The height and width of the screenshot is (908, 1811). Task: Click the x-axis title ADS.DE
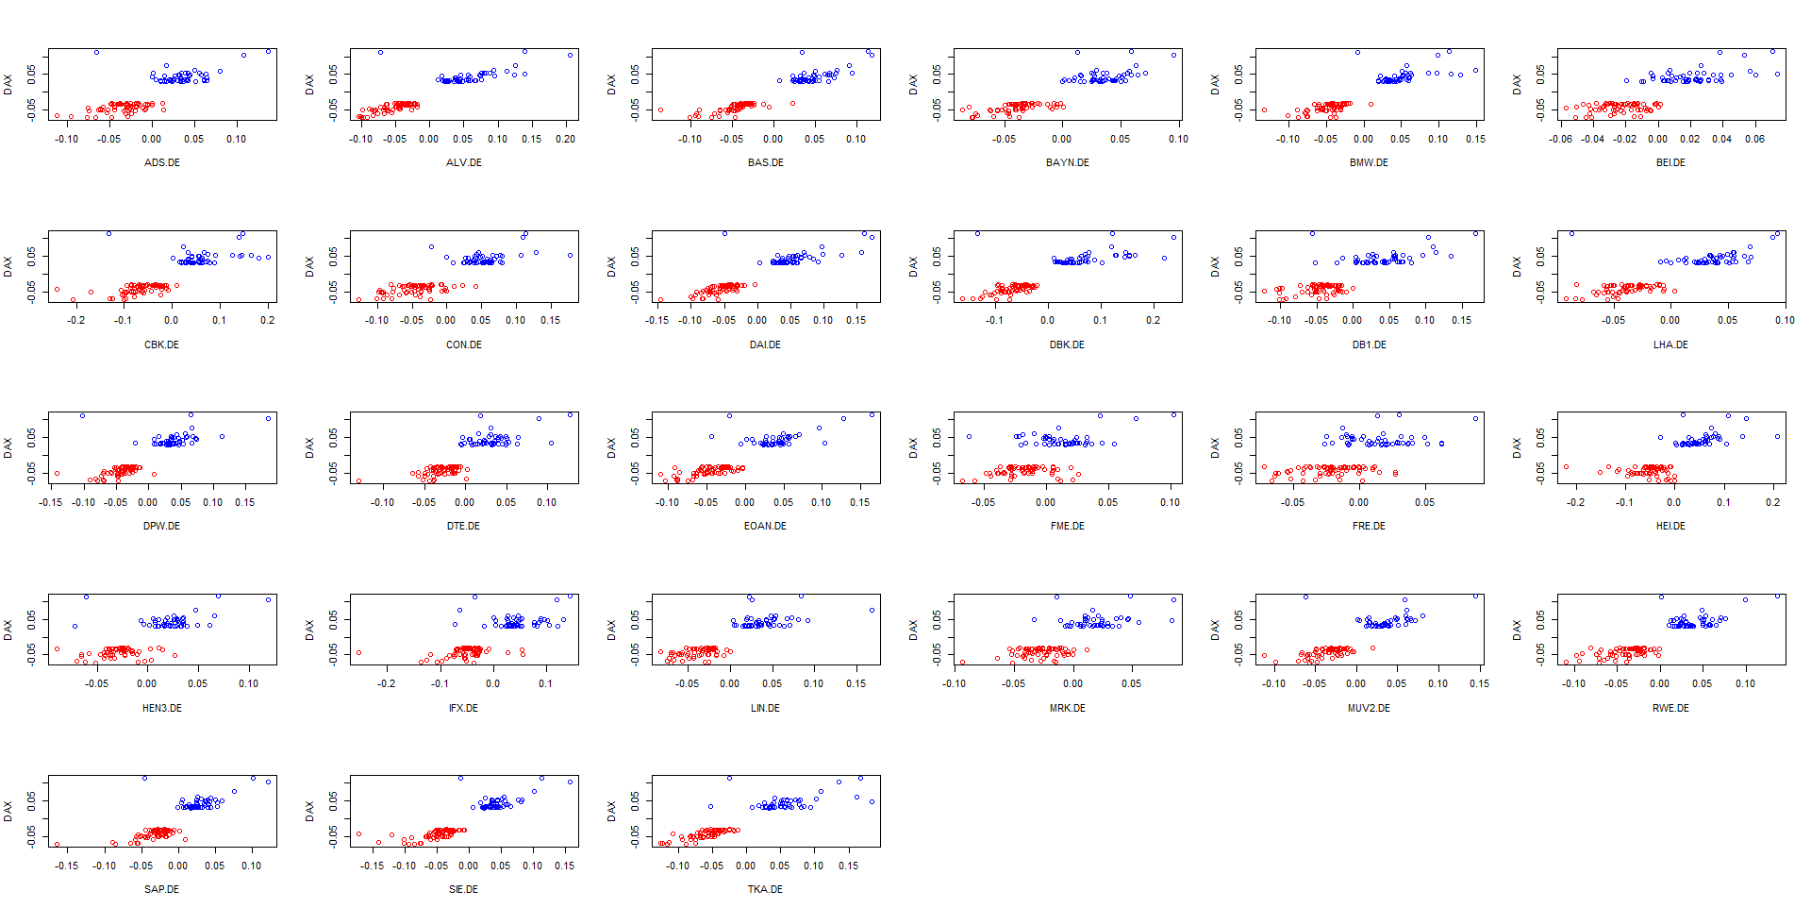(161, 162)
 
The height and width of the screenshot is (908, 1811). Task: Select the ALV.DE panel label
(463, 162)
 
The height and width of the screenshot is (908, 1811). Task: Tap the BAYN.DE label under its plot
(1067, 162)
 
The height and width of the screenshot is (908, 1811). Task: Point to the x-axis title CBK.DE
(161, 345)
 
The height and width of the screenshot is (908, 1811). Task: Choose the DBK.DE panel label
(1067, 345)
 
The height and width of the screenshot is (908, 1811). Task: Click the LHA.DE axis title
(1670, 345)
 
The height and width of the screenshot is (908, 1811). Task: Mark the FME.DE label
(1067, 526)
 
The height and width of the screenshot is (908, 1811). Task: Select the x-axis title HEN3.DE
(161, 708)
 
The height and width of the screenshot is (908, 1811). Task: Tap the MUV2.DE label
(1369, 708)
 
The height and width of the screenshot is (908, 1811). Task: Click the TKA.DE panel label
(765, 889)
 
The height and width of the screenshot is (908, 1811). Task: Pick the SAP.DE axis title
(161, 889)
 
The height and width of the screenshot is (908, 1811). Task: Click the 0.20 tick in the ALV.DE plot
(565, 139)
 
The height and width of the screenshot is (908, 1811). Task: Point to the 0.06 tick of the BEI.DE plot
(1754, 139)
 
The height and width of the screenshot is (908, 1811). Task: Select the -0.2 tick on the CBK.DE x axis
(75, 320)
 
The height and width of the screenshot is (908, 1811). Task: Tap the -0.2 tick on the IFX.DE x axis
(387, 683)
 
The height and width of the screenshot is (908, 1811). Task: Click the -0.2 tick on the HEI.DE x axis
(1575, 502)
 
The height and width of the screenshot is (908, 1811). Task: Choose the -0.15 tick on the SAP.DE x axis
(66, 866)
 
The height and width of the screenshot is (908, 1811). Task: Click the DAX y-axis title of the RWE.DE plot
(1517, 630)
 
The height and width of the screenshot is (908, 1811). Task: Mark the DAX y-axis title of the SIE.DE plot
(309, 811)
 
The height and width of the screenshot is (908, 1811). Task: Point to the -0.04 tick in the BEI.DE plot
(1592, 139)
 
